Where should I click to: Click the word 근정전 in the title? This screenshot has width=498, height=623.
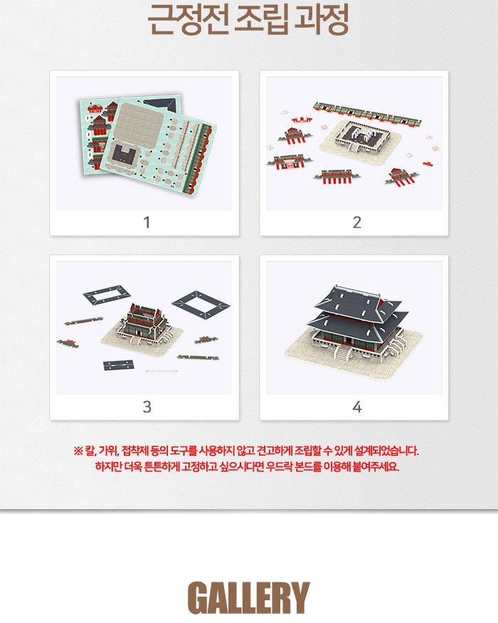[189, 19]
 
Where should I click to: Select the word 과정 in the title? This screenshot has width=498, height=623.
[321, 19]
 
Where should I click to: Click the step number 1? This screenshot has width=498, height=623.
[147, 222]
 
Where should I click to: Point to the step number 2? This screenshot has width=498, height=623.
[357, 222]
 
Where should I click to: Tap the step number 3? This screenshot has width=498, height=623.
[147, 407]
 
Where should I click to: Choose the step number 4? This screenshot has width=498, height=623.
[357, 407]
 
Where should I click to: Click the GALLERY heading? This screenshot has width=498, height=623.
[248, 597]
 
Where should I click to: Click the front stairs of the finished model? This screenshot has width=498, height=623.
[342, 352]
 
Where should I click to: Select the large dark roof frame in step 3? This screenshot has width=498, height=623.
[201, 305]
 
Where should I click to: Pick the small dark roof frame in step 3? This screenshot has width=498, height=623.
[107, 295]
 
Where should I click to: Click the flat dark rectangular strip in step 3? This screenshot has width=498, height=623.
[118, 365]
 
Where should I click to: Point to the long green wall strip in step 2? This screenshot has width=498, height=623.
[367, 115]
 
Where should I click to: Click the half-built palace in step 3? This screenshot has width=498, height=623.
[143, 323]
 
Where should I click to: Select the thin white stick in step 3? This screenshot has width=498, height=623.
[161, 372]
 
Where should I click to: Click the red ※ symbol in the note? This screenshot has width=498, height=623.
[78, 451]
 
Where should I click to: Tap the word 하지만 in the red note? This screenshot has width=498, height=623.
[108, 466]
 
